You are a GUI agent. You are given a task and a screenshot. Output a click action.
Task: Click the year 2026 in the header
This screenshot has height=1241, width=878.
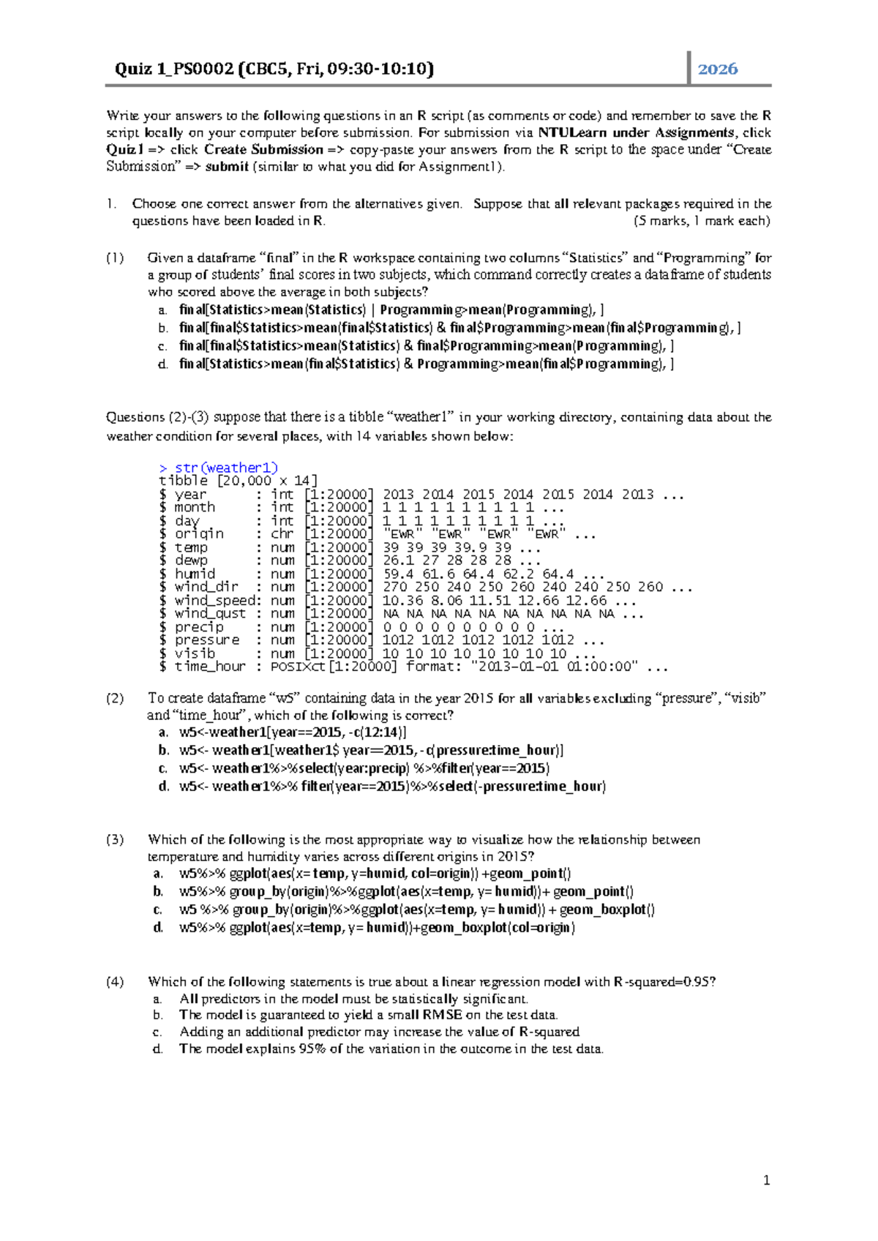click(x=717, y=69)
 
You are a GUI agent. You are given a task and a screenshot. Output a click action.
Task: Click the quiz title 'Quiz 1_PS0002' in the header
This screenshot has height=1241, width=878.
click(x=173, y=69)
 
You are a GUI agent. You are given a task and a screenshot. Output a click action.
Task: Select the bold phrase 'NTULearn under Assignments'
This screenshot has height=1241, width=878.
click(x=636, y=132)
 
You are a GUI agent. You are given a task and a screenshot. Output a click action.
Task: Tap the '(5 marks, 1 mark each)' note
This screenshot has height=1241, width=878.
click(x=701, y=221)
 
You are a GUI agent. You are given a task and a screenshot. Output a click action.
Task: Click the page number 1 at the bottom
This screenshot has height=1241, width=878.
click(x=766, y=1180)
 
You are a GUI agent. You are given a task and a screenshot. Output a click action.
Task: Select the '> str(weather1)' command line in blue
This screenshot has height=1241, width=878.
click(x=218, y=468)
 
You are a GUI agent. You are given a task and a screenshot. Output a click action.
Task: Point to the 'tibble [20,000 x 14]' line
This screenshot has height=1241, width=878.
click(x=238, y=481)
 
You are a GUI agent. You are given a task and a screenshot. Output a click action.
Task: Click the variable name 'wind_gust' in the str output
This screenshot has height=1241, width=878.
click(x=210, y=614)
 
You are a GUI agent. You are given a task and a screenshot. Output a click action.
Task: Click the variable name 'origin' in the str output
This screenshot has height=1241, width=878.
click(x=199, y=534)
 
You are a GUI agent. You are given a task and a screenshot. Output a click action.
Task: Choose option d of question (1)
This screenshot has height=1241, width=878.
click(x=426, y=364)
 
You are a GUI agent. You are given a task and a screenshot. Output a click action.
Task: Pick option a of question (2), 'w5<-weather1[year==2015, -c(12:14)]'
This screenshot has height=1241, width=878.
click(x=293, y=732)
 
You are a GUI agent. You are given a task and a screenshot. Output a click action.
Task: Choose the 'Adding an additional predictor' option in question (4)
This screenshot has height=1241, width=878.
click(x=379, y=1032)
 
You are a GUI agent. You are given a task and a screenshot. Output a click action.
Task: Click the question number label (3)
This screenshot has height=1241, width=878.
click(x=115, y=839)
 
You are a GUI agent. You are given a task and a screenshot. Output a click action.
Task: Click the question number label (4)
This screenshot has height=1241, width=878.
click(x=115, y=981)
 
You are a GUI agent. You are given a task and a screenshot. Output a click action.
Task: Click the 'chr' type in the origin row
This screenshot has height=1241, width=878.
click(x=282, y=534)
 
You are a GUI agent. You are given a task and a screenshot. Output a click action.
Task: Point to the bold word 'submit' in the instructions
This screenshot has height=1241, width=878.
click(x=227, y=166)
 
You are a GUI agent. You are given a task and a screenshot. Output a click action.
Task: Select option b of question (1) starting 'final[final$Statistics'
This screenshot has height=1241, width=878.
click(x=459, y=328)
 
